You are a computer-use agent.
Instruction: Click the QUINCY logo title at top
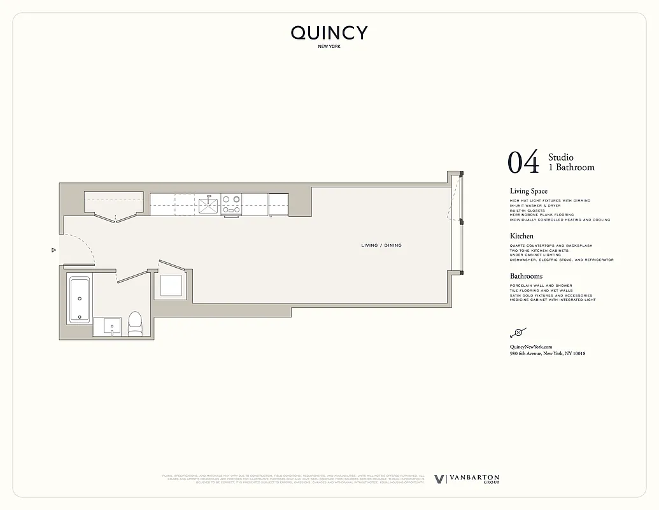click(329, 33)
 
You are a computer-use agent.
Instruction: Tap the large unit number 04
click(523, 163)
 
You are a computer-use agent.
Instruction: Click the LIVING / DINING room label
click(381, 245)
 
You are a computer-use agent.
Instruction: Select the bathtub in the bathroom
click(80, 298)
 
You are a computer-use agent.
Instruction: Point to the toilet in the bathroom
click(135, 324)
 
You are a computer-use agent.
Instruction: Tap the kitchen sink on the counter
click(208, 205)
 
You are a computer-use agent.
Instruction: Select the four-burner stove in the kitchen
click(231, 205)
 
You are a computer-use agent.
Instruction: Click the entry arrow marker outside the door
click(54, 251)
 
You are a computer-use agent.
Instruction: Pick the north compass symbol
click(518, 332)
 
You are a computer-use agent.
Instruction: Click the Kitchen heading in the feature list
click(521, 236)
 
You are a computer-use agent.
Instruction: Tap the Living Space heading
click(528, 191)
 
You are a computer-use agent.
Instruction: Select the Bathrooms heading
click(526, 276)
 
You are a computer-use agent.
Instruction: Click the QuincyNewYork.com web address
click(530, 346)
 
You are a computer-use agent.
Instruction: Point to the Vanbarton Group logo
click(467, 479)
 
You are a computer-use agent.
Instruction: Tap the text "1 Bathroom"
click(571, 168)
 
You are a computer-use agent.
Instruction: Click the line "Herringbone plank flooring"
click(541, 215)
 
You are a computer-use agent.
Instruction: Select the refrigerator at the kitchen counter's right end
click(278, 205)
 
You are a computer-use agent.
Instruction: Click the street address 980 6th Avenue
click(548, 353)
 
